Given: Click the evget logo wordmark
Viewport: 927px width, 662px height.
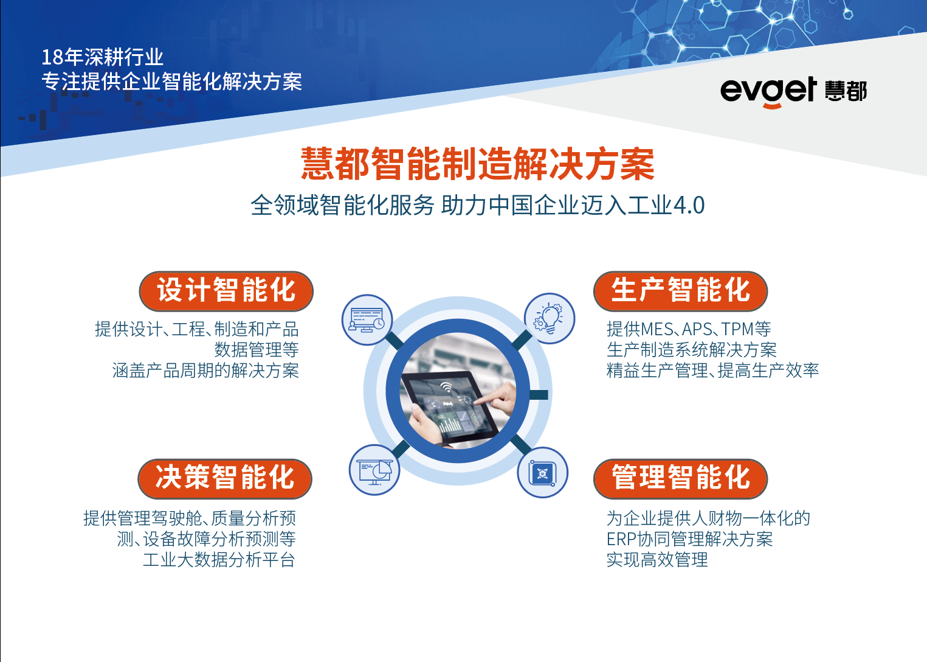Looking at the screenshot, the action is click(x=768, y=91).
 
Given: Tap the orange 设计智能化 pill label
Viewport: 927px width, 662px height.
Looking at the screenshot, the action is click(x=226, y=291).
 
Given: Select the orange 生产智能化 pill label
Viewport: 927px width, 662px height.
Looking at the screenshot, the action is click(x=680, y=291).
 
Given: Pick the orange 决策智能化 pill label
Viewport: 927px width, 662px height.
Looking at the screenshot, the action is click(x=225, y=479).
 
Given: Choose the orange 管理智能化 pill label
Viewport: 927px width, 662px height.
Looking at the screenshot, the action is click(x=680, y=479).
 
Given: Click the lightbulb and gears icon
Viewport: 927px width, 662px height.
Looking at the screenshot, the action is click(x=549, y=318).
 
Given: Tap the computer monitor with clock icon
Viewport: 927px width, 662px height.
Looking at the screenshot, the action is click(x=367, y=320).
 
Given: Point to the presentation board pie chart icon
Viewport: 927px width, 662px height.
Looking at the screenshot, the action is click(x=374, y=470).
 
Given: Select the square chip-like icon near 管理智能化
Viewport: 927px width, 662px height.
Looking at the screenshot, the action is click(x=543, y=473).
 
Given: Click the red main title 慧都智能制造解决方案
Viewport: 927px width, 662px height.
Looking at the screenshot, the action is click(x=478, y=164).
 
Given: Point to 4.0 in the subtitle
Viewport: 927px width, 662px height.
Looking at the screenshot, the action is click(x=689, y=205).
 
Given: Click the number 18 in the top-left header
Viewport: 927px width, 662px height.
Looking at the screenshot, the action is click(x=52, y=57).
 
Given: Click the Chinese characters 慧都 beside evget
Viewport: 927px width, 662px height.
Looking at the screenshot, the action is click(x=846, y=91).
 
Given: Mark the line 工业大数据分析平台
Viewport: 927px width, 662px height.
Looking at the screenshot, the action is click(x=219, y=560).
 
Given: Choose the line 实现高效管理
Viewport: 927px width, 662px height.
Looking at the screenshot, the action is click(x=657, y=560).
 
